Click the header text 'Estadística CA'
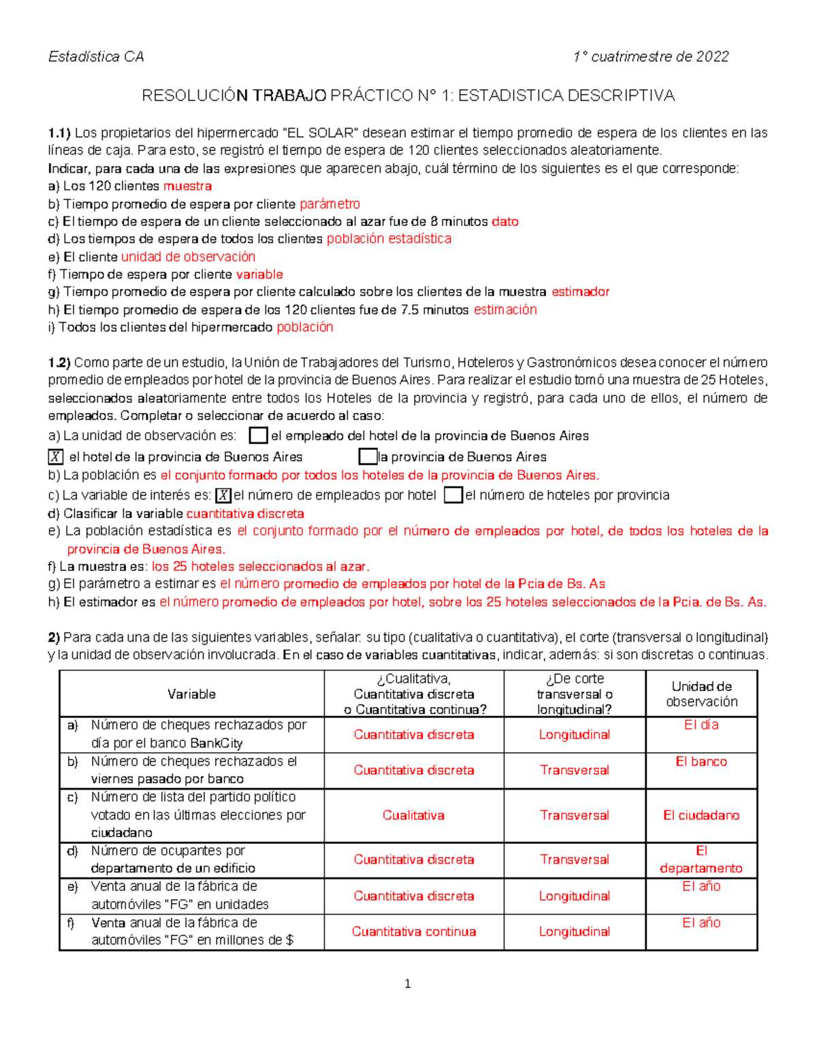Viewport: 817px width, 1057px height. click(x=96, y=56)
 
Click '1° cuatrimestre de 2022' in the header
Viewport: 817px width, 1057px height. click(x=651, y=56)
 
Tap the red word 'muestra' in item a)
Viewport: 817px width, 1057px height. click(x=187, y=186)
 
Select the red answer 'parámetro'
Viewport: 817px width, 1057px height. click(x=330, y=204)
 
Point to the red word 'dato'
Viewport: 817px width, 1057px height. click(x=504, y=221)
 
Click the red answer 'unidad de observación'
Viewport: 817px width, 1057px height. click(x=188, y=257)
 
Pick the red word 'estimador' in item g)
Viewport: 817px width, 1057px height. click(x=580, y=292)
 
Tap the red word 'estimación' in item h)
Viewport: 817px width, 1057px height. click(x=505, y=310)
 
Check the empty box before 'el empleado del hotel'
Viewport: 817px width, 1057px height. click(x=258, y=436)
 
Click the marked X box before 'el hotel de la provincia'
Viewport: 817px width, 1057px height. click(x=56, y=457)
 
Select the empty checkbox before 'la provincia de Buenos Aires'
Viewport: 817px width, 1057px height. click(x=368, y=457)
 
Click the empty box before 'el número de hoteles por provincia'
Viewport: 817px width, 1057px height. click(x=453, y=495)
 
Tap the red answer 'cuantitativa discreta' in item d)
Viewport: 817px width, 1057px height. click(x=245, y=513)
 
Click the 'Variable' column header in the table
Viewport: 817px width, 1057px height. click(x=191, y=694)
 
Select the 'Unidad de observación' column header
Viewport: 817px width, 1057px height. click(x=701, y=694)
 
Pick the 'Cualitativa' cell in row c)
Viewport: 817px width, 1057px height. click(x=413, y=815)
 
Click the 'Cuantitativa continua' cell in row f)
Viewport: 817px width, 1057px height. click(x=413, y=931)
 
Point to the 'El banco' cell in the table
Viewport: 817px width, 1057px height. click(x=701, y=762)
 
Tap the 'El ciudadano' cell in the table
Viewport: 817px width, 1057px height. click(x=701, y=815)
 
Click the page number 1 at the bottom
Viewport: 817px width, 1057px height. click(x=407, y=983)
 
